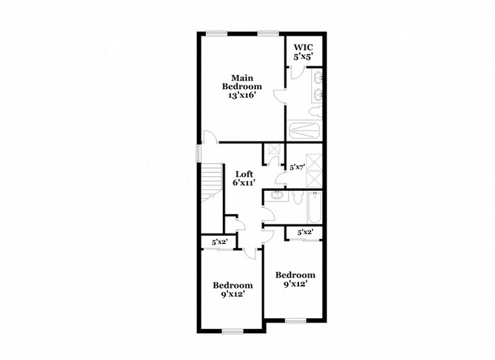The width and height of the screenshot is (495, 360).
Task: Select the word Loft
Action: tap(244, 173)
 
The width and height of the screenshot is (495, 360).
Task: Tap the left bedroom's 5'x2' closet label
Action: tap(219, 243)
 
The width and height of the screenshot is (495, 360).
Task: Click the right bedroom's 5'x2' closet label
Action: tap(305, 232)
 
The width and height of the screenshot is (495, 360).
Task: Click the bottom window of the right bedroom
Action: tap(295, 320)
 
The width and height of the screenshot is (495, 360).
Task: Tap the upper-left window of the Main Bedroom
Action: tap(216, 33)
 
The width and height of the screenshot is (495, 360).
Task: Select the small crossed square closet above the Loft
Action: tap(272, 151)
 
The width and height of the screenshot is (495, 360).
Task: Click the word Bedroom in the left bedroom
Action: tap(233, 286)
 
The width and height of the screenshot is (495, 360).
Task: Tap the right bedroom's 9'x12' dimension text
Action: tap(295, 284)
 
